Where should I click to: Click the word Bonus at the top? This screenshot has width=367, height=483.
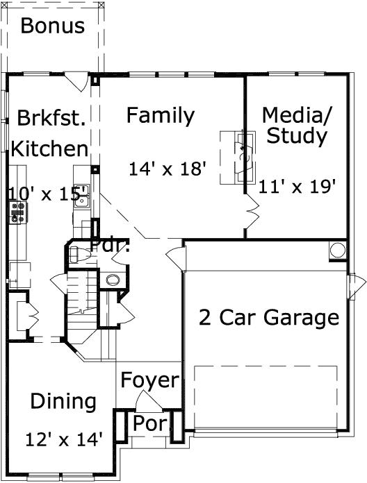[x=53, y=26]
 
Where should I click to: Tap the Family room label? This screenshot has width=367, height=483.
[x=160, y=115]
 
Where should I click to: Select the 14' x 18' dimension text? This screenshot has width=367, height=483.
[x=169, y=169]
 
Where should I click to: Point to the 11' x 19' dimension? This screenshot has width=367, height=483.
[x=297, y=186]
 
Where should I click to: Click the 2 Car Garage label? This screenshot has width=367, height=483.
[x=268, y=318]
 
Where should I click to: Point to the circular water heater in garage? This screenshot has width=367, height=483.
[x=337, y=251]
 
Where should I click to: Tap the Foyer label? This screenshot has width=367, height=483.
[x=149, y=380]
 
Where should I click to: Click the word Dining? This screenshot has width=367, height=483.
[x=63, y=402]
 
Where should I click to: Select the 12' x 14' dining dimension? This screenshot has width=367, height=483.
[x=63, y=439]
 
